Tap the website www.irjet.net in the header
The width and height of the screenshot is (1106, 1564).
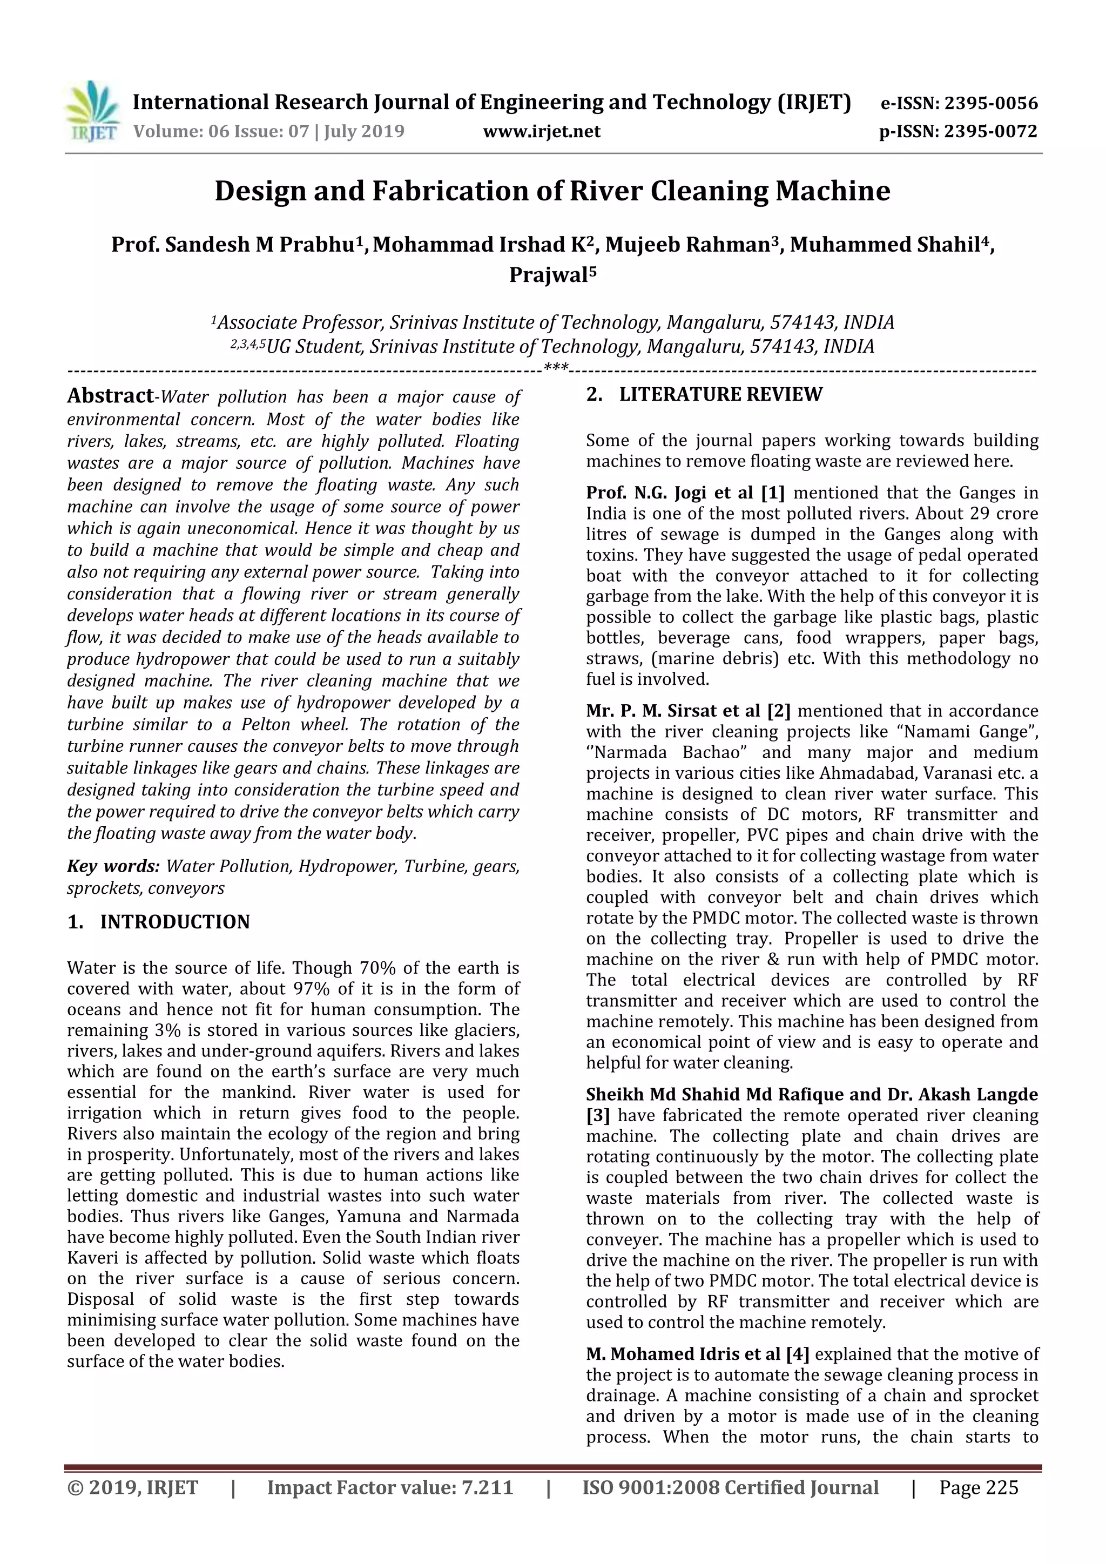pyautogui.click(x=542, y=131)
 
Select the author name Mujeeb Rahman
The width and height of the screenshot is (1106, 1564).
pyautogui.click(x=687, y=245)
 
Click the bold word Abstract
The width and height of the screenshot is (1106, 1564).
pyautogui.click(x=110, y=396)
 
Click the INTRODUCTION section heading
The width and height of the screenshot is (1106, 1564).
pyautogui.click(x=174, y=922)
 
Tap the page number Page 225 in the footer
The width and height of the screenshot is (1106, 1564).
pyautogui.click(x=978, y=1488)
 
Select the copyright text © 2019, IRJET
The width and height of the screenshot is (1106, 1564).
pyautogui.click(x=133, y=1488)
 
